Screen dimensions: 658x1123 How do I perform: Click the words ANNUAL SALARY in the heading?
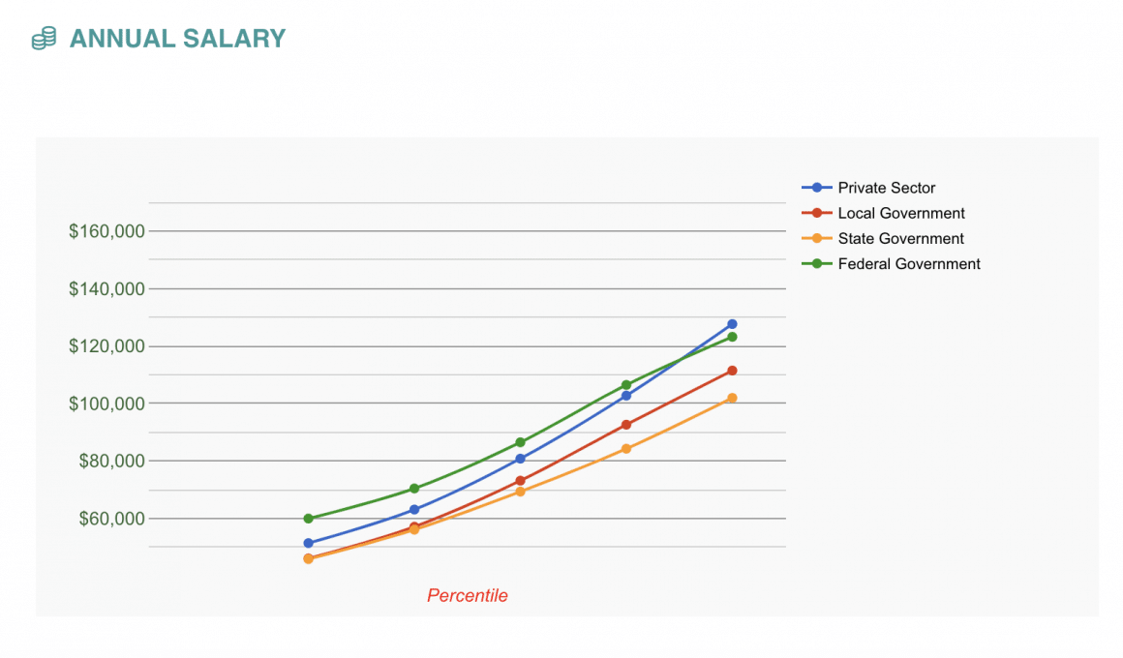point(177,39)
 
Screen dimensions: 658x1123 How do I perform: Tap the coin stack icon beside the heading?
point(44,39)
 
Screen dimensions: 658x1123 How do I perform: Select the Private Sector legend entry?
point(886,188)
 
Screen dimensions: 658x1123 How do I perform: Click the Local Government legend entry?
point(900,213)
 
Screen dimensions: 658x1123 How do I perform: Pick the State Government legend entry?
point(900,238)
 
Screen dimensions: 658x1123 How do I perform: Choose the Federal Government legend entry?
point(908,263)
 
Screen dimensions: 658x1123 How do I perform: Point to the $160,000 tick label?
point(106,231)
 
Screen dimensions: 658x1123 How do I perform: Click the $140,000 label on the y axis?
point(106,288)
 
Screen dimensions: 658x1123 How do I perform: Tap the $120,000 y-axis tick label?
point(106,345)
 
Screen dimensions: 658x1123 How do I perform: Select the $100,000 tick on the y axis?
point(106,403)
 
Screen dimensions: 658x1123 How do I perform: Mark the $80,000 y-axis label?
point(111,461)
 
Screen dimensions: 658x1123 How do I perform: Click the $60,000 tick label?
point(111,518)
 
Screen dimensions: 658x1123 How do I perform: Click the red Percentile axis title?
point(468,596)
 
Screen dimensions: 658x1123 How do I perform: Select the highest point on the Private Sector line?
point(732,324)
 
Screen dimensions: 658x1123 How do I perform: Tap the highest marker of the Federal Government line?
point(732,337)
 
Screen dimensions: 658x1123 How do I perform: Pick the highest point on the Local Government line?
point(732,371)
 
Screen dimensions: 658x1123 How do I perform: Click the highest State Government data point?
point(732,398)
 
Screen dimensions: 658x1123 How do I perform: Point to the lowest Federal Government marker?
point(308,519)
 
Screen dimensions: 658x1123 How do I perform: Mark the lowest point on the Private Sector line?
point(308,543)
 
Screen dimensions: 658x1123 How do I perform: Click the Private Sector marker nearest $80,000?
point(520,459)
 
